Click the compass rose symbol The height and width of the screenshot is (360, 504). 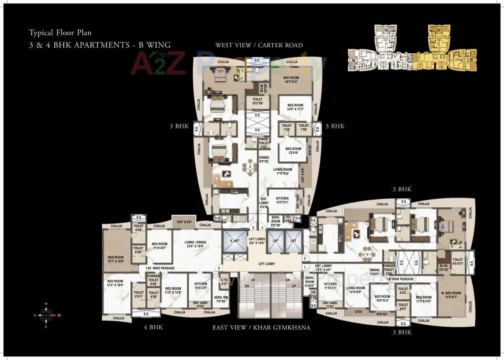pyautogui.click(x=46, y=315)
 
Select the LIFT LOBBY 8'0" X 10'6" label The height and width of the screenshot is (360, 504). pyautogui.click(x=257, y=241)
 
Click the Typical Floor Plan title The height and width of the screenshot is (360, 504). pyautogui.click(x=60, y=32)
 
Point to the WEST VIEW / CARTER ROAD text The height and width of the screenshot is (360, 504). pyautogui.click(x=259, y=45)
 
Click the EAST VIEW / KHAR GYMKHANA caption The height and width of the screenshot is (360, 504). pyautogui.click(x=261, y=327)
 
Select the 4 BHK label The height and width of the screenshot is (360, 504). pyautogui.click(x=153, y=327)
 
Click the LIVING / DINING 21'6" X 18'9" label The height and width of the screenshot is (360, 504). pyautogui.click(x=196, y=244)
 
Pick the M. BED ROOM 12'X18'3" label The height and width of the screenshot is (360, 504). pyautogui.click(x=450, y=295)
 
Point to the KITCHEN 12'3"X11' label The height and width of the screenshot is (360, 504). pyautogui.click(x=282, y=200)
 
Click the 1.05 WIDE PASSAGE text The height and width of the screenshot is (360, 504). pyautogui.click(x=160, y=268)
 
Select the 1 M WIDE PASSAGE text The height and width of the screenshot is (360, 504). pyautogui.click(x=400, y=279)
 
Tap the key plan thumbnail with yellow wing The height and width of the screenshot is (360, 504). pyautogui.click(x=412, y=48)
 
